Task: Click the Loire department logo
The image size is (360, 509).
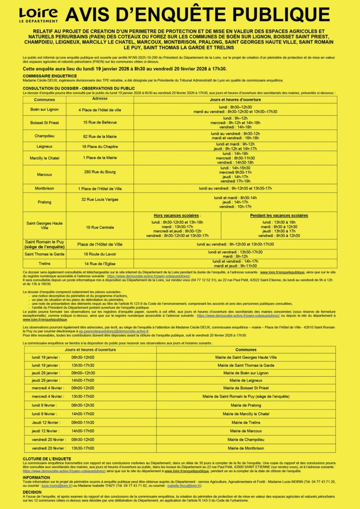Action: pyautogui.click(x=38, y=15)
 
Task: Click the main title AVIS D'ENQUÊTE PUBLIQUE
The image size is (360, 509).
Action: pyautogui.click(x=197, y=15)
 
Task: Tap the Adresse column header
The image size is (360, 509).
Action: pyautogui.click(x=100, y=99)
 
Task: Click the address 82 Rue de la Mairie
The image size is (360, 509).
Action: pyautogui.click(x=100, y=137)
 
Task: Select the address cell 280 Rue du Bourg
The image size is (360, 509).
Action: pyautogui.click(x=100, y=172)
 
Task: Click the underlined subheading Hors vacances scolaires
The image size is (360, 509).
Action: pyautogui.click(x=177, y=215)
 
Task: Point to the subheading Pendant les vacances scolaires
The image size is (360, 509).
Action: pyautogui.click(x=279, y=215)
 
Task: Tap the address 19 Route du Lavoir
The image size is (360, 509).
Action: pyautogui.click(x=100, y=254)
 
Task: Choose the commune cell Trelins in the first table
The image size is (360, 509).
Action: pyautogui.click(x=45, y=263)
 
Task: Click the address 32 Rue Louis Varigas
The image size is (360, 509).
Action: pyautogui.click(x=100, y=199)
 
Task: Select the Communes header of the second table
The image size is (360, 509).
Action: pyautogui.click(x=246, y=350)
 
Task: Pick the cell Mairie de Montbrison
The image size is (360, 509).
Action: pyautogui.click(x=246, y=448)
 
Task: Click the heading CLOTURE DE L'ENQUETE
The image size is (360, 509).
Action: pyautogui.click(x=47, y=459)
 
